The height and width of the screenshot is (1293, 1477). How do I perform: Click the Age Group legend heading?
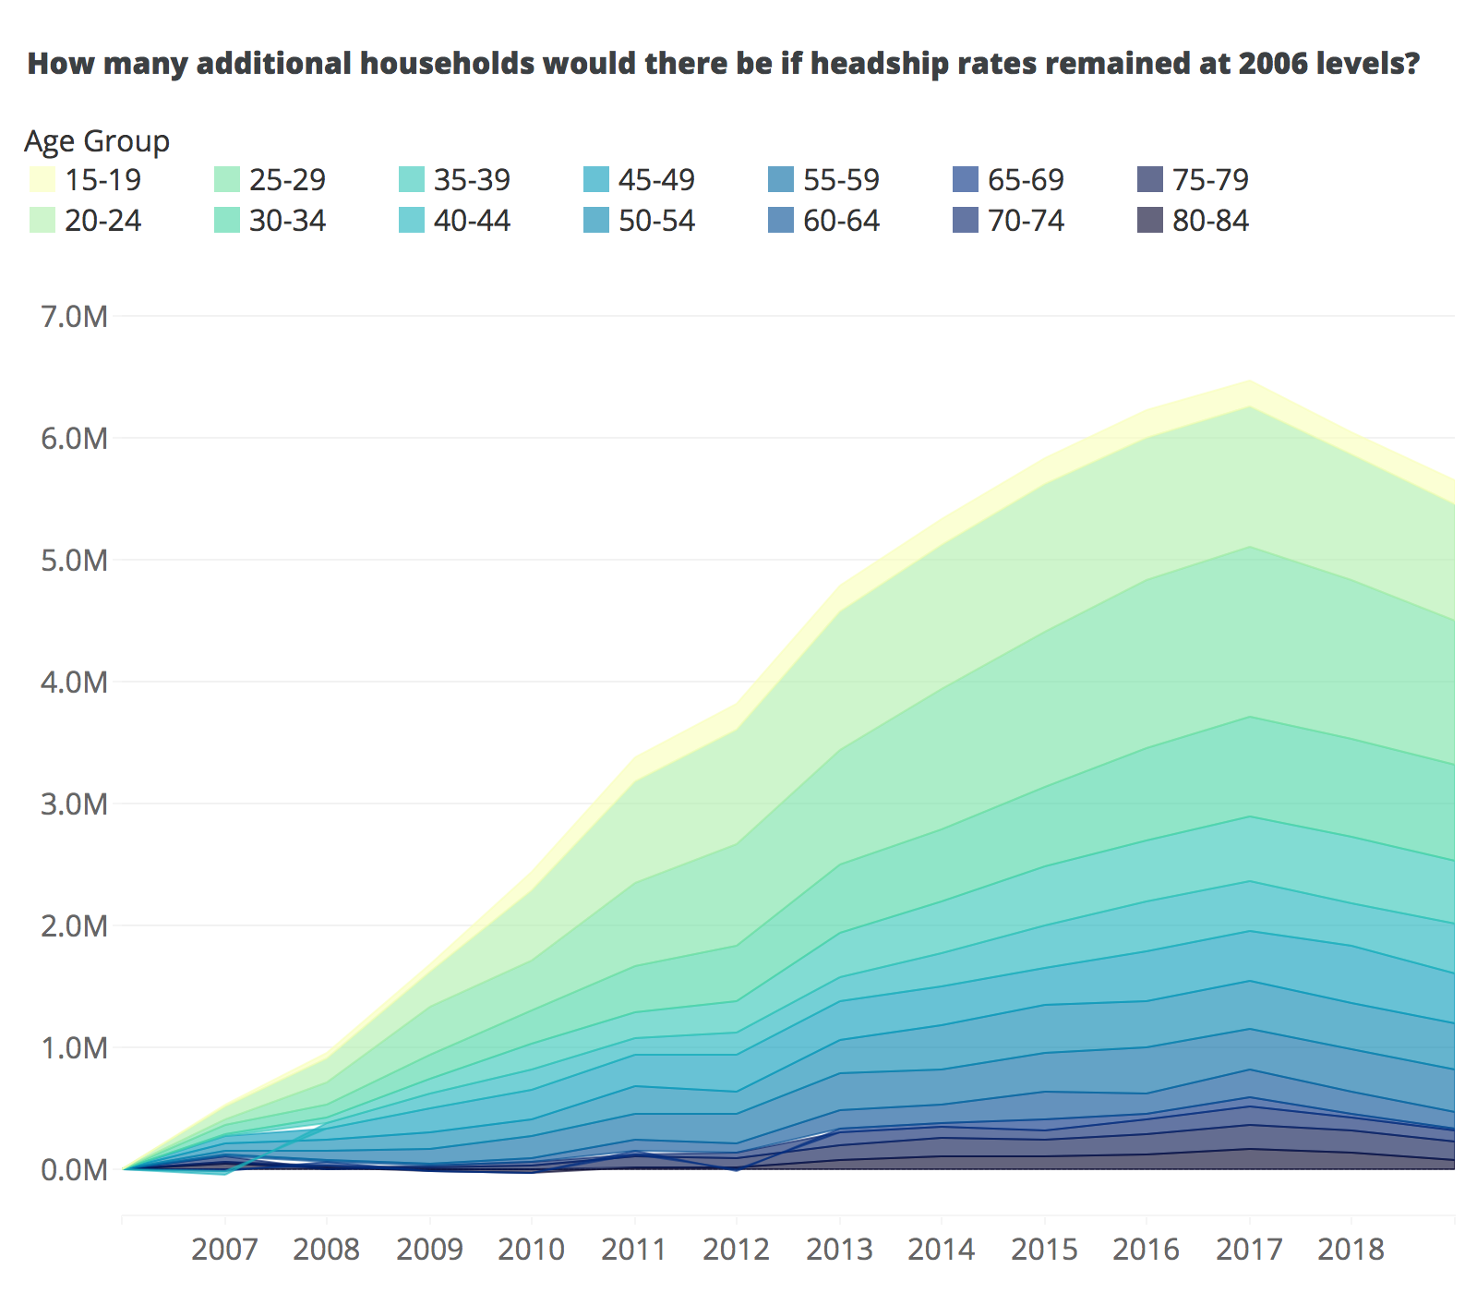coord(97,141)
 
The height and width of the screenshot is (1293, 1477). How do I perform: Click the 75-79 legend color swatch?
coord(1149,179)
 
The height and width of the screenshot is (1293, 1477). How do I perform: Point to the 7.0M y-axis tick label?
coord(75,317)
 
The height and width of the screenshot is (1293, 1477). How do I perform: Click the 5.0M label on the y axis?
coord(75,561)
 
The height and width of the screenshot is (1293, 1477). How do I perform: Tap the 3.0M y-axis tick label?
coord(75,804)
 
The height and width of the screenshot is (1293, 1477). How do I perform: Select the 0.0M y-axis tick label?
coord(75,1170)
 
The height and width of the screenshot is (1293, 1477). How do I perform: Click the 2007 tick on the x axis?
coord(224,1250)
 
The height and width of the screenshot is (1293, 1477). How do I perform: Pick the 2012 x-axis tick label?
coord(736,1250)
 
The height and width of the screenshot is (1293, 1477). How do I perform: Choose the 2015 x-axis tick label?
coord(1044,1250)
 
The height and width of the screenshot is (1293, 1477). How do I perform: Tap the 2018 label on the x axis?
coord(1351,1250)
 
